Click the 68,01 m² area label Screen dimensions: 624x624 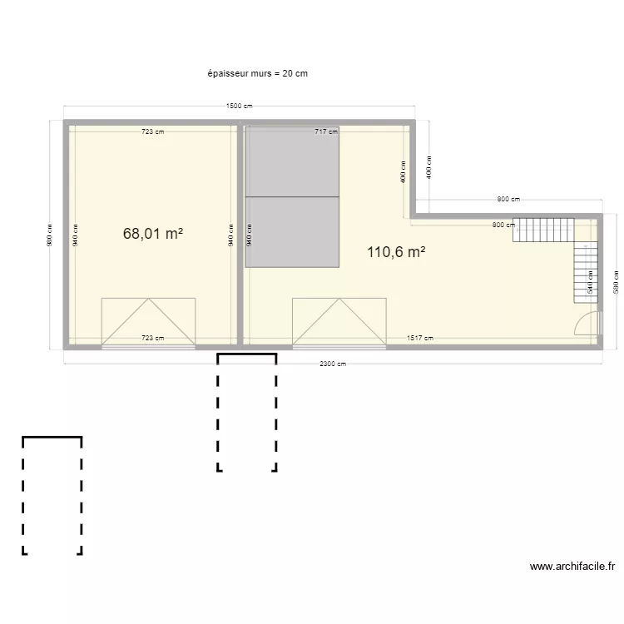(x=153, y=234)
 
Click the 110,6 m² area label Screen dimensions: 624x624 (x=396, y=252)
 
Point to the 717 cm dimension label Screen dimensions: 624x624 (x=325, y=131)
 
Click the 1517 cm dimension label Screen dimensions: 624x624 (x=419, y=338)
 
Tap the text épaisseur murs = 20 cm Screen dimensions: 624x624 (x=258, y=73)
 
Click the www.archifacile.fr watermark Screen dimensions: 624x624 (x=572, y=567)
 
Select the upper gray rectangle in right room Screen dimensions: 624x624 (x=292, y=161)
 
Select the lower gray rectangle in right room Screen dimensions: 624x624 (x=292, y=231)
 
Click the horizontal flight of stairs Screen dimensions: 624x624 (x=543, y=230)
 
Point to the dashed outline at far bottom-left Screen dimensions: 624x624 (x=52, y=495)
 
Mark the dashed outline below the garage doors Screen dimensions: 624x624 (x=247, y=413)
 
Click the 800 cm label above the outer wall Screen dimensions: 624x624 (x=508, y=199)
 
